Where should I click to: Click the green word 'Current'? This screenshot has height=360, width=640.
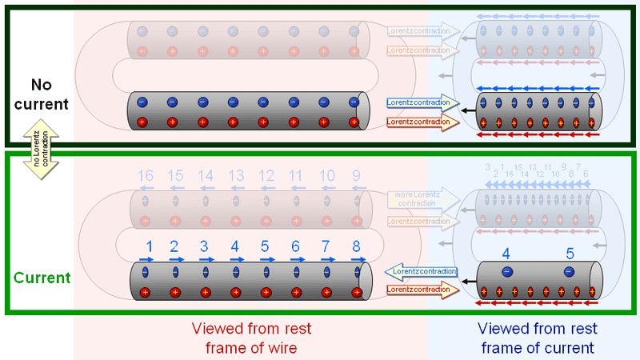click(42, 278)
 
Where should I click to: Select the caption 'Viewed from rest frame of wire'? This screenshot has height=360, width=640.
click(251, 338)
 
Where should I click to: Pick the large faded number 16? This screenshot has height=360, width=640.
click(145, 175)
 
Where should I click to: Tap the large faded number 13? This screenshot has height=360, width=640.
click(236, 175)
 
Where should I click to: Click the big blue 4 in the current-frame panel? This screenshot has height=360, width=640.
click(506, 254)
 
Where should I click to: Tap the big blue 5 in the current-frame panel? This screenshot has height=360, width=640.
click(570, 254)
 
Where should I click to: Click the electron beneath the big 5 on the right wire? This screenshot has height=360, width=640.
click(569, 272)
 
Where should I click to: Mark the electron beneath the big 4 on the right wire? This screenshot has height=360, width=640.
click(506, 272)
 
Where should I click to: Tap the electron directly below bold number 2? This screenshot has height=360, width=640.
click(176, 272)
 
